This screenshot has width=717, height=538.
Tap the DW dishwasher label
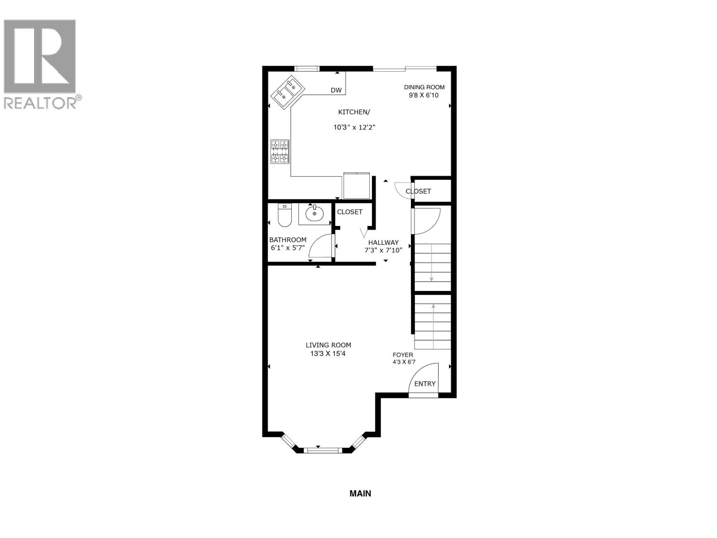[336, 91]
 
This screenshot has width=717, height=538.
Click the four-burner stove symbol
[280, 152]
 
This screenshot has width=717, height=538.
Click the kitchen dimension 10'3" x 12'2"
[354, 127]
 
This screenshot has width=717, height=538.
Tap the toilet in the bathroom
[285, 215]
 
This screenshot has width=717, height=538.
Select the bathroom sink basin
[315, 213]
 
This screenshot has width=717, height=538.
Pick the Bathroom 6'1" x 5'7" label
[288, 244]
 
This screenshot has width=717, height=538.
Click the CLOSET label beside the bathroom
[350, 212]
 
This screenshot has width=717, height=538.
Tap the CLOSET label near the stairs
[418, 191]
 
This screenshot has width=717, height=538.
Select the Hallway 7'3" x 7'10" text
[383, 246]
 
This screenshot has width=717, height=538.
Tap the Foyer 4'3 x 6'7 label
[403, 358]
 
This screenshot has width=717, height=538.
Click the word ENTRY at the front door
[424, 384]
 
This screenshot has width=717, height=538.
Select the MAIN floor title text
[360, 494]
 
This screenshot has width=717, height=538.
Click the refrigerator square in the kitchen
[357, 186]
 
